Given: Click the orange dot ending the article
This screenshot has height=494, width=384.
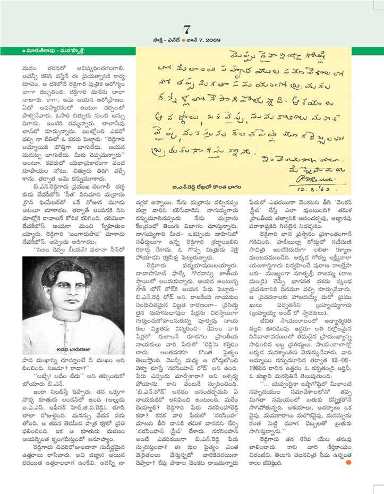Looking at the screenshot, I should [347, 462].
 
